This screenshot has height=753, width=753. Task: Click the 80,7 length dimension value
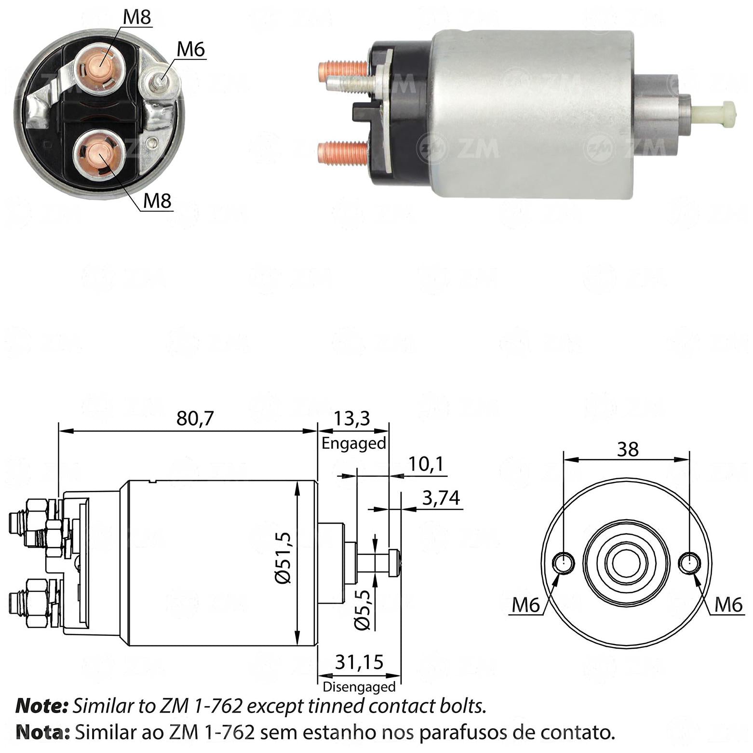click(194, 418)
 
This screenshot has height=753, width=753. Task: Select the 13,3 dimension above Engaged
click(352, 418)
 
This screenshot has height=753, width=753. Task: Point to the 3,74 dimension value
click(441, 498)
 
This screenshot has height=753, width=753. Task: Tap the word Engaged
click(354, 444)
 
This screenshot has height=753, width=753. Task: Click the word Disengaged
click(359, 686)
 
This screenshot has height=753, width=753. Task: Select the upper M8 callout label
click(137, 18)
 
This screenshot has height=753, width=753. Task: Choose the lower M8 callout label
click(158, 201)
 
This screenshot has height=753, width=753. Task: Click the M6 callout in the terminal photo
click(191, 49)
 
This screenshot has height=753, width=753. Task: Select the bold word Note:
click(42, 707)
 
